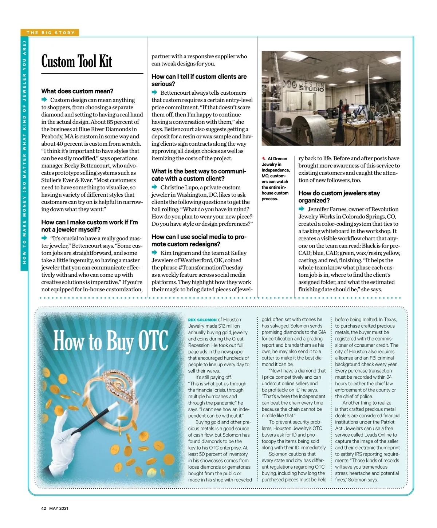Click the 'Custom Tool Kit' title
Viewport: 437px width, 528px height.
[77, 62]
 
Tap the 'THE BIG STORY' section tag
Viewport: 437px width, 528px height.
[50, 33]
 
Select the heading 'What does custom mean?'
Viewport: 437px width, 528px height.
[77, 91]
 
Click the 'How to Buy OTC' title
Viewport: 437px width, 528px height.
[111, 341]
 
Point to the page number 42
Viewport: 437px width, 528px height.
[43, 508]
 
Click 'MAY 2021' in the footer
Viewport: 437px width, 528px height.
[59, 508]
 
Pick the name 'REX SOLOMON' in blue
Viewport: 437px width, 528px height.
[202, 320]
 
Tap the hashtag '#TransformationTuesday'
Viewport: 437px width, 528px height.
[210, 267]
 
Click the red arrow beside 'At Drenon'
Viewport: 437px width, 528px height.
[264, 158]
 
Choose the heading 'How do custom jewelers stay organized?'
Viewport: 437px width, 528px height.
[339, 197]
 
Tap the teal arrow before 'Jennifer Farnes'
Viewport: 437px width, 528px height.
[302, 209]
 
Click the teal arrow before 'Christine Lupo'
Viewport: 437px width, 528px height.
[155, 187]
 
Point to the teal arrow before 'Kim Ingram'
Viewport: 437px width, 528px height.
[155, 253]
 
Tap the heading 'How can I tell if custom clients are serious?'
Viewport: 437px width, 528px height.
[199, 80]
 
